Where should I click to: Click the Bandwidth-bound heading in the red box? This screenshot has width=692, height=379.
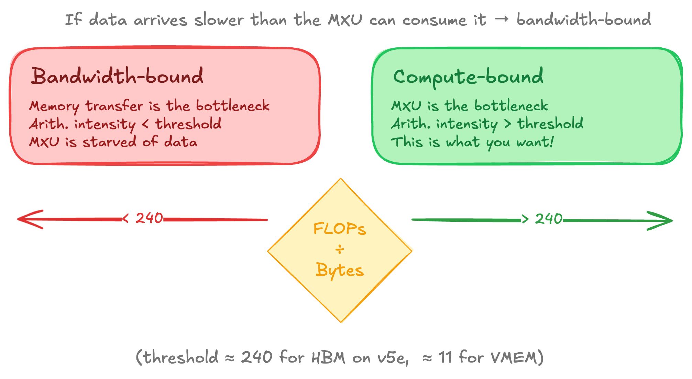tap(117, 76)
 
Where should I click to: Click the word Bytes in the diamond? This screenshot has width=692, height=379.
tap(340, 271)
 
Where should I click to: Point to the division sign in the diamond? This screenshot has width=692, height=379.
tap(340, 250)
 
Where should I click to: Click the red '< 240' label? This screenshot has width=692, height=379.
tap(143, 218)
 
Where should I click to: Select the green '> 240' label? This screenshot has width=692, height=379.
tap(542, 219)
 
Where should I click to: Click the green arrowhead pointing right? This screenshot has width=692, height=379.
tap(660, 221)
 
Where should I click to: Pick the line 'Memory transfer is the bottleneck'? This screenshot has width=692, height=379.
tap(150, 106)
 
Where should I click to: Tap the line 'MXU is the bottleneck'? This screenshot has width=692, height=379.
tap(470, 106)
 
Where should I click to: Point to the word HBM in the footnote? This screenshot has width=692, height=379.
tap(328, 358)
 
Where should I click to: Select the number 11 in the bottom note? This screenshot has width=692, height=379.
tap(446, 358)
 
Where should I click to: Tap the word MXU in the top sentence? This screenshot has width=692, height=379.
tap(345, 20)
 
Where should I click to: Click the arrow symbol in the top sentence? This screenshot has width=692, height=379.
tap(501, 19)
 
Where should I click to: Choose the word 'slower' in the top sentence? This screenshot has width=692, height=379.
tap(219, 20)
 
